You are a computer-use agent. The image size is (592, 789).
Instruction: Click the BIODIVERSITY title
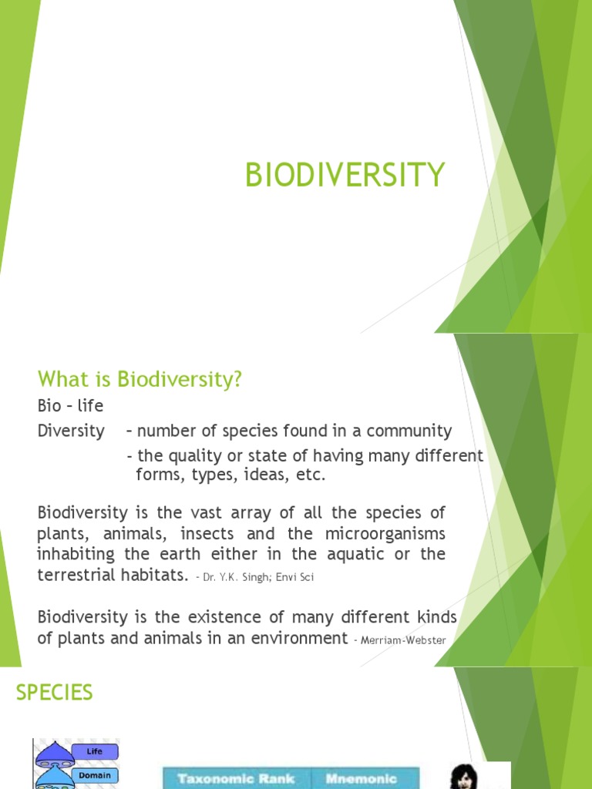(345, 176)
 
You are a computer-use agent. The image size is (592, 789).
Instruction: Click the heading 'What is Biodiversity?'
(140, 379)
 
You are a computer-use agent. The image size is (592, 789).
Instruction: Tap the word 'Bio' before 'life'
(49, 405)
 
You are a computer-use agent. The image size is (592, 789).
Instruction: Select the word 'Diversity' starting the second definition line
(71, 431)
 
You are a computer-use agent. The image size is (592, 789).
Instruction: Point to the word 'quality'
(207, 456)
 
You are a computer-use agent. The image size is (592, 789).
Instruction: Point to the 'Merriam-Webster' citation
(401, 640)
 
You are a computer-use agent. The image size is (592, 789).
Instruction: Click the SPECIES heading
(54, 693)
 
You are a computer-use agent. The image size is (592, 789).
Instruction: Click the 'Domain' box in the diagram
(94, 775)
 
